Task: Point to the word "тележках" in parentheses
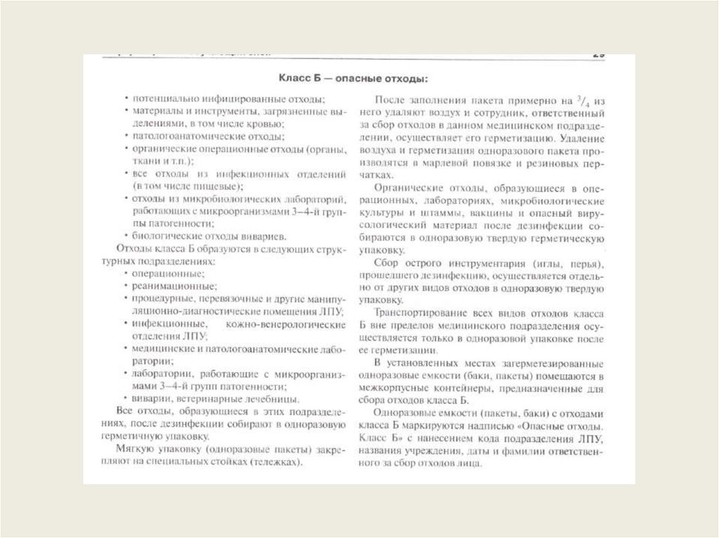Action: coord(276,462)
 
